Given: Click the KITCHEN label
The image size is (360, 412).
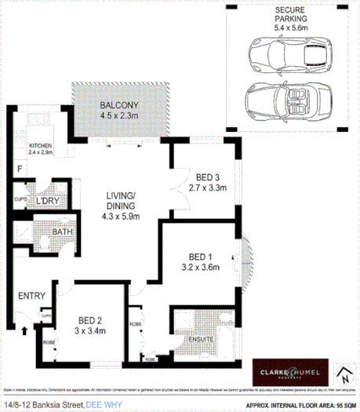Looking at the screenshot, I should [x=41, y=146].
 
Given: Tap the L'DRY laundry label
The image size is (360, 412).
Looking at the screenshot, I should [x=49, y=200].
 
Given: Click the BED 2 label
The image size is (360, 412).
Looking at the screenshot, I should [x=89, y=319].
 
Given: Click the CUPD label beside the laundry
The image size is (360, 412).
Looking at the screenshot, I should [x=21, y=200].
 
